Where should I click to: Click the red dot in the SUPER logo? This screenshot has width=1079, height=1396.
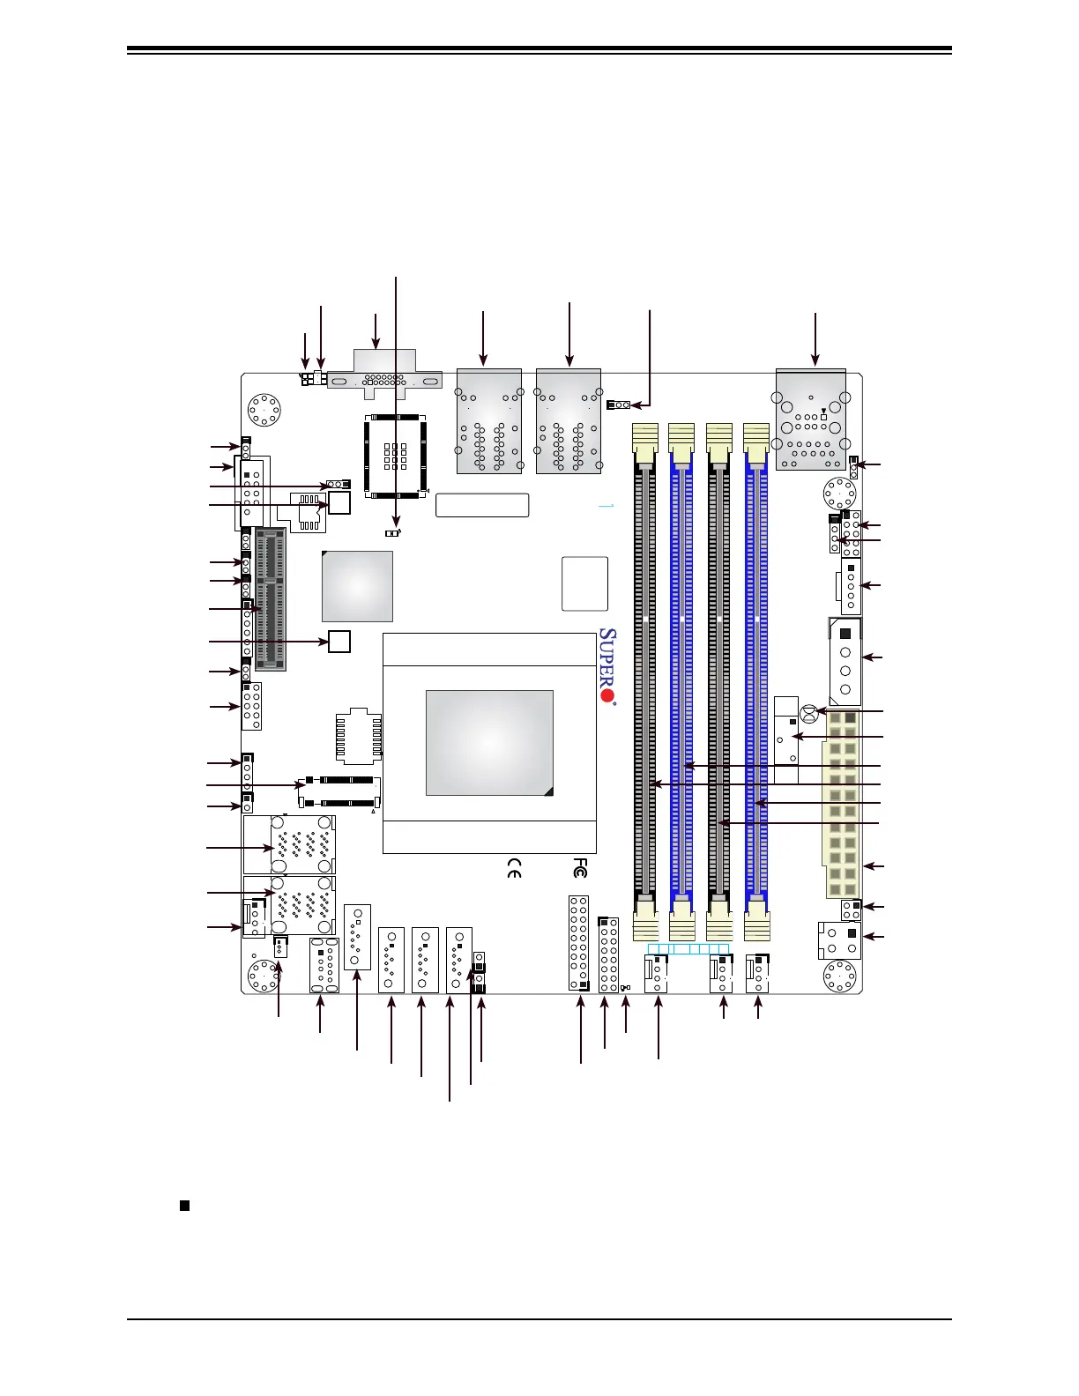(x=606, y=695)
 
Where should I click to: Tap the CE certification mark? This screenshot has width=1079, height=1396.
(x=514, y=868)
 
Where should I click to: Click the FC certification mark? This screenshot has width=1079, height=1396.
(x=579, y=868)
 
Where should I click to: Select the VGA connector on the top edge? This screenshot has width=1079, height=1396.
(x=384, y=370)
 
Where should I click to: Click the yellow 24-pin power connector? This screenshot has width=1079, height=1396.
(x=843, y=803)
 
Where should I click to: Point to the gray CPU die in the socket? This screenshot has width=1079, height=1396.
(x=489, y=743)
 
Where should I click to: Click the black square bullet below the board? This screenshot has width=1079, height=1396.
(x=184, y=1206)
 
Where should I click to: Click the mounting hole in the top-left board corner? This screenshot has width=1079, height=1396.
(x=264, y=410)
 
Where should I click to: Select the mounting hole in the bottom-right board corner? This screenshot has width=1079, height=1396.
(x=839, y=976)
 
